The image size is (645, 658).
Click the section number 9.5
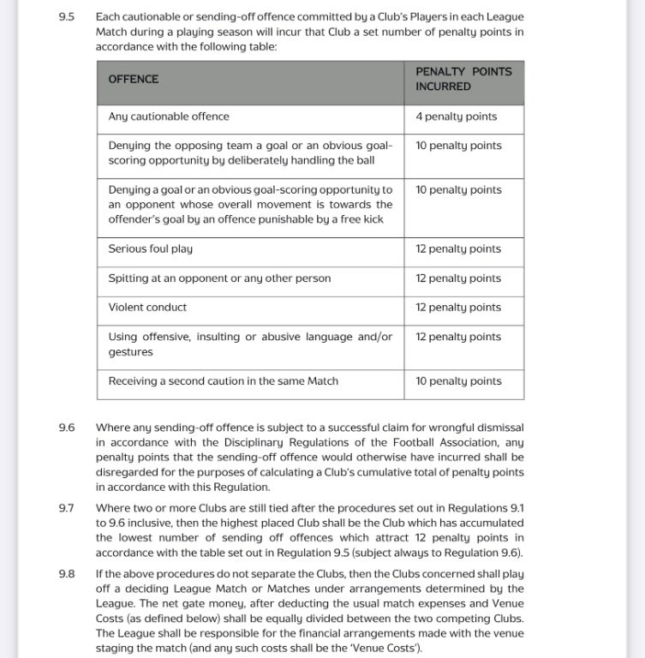[x=66, y=16]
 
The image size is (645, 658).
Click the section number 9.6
[x=66, y=427]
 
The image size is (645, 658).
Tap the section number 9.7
[x=66, y=508]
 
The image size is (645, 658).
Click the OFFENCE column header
[x=133, y=79]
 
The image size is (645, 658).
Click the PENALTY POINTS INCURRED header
[x=463, y=79]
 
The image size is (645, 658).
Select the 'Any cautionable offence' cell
[x=169, y=117]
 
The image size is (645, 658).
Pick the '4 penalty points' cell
[x=456, y=117]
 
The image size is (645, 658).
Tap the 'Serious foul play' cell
[x=150, y=249]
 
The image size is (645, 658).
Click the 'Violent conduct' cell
[x=147, y=308]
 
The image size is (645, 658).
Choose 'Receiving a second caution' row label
[x=223, y=381]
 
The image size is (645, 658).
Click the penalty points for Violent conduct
[x=458, y=308]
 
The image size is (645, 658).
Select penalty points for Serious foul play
[x=458, y=249]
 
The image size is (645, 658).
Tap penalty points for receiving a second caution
[x=458, y=381]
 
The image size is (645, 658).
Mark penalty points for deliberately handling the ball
[x=458, y=146]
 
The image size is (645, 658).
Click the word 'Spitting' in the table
[x=129, y=278]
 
